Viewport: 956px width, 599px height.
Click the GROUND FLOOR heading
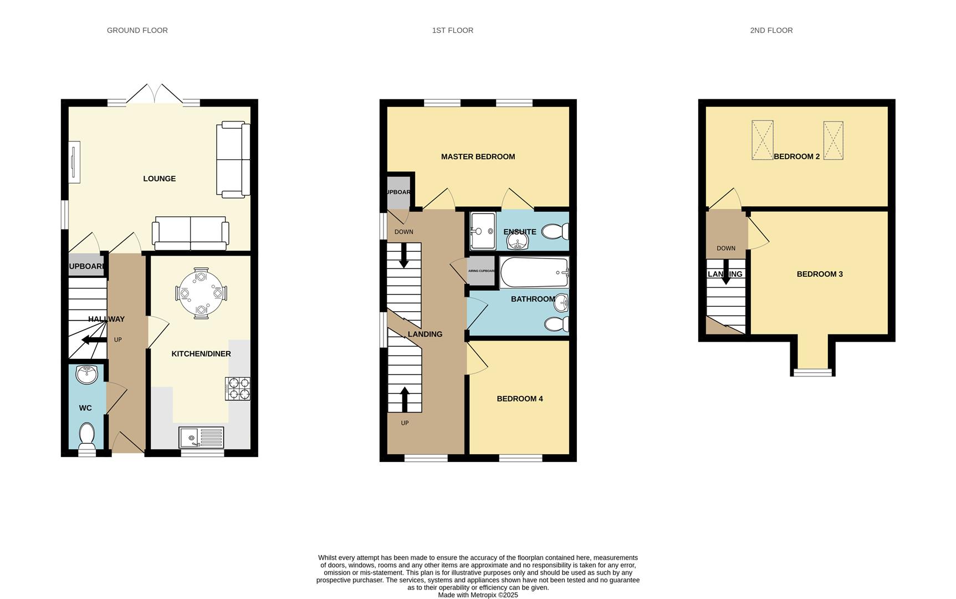pos(137,31)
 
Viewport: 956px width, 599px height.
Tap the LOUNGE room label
pos(159,179)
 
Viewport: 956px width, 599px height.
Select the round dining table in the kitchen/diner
pos(201,293)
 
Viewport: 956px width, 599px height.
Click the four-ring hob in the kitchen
pos(237,388)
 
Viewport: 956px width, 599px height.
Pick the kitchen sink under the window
pos(201,437)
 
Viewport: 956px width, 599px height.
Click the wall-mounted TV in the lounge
pos(74,161)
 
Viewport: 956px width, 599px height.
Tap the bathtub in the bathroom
pos(534,272)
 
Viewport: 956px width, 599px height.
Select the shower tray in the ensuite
pos(482,231)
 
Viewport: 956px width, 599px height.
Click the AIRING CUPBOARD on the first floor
pos(481,271)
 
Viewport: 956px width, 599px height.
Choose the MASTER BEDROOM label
pos(478,157)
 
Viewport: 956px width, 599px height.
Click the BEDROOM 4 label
pos(519,399)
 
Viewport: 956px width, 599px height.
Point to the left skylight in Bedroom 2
pos(762,140)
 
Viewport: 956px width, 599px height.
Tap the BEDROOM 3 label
pos(819,274)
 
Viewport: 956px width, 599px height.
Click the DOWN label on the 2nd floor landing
pos(725,248)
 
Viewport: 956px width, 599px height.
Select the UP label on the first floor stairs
pos(405,423)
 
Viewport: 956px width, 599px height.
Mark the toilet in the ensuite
pos(555,231)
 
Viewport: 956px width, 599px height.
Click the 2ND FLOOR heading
pos(771,31)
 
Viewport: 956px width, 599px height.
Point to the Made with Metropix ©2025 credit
pos(478,595)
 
